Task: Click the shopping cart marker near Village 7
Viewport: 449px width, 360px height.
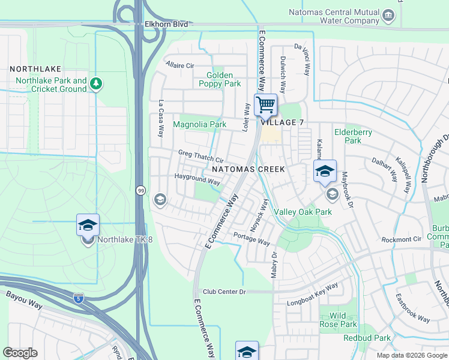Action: coord(265,105)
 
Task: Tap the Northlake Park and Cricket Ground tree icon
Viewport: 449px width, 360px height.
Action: coord(95,85)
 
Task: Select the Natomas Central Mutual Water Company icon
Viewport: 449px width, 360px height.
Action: coord(388,14)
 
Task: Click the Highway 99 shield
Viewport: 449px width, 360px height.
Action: coord(139,190)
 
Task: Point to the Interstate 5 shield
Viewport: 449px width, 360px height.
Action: coord(79,298)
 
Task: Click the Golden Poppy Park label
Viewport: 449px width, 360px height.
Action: coord(220,79)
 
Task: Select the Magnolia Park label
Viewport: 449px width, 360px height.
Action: coord(199,124)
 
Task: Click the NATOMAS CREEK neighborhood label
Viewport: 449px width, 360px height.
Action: coord(248,169)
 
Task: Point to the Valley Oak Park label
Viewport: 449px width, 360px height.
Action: coord(303,212)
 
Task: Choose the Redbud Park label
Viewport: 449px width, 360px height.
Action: coord(367,338)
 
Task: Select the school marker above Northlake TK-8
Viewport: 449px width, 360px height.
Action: coord(88,226)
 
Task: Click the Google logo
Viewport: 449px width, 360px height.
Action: coord(20,352)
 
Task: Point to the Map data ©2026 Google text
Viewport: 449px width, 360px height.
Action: coord(411,355)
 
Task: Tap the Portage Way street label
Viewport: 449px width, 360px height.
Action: coord(252,238)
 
